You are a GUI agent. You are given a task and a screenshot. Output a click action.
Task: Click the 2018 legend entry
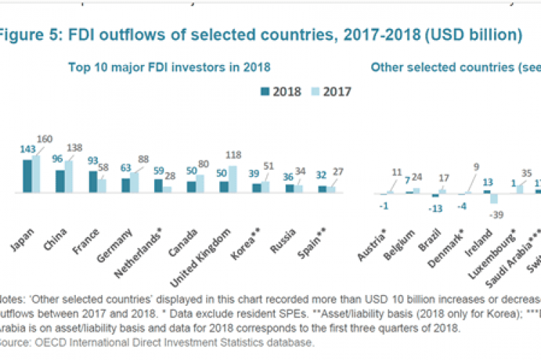281,91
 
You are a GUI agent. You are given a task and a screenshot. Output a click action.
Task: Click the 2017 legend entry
330,91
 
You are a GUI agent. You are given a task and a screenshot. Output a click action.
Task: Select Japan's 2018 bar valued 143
27,176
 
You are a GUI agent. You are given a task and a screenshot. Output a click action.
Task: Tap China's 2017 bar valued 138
69,177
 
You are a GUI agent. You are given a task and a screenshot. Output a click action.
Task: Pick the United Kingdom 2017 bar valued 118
233,179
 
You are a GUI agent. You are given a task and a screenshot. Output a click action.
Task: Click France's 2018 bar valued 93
93,182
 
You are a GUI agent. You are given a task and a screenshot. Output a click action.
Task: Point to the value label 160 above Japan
43,140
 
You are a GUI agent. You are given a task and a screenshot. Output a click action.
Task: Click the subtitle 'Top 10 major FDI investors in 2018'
169,67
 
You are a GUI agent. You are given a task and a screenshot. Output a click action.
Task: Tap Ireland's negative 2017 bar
494,199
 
